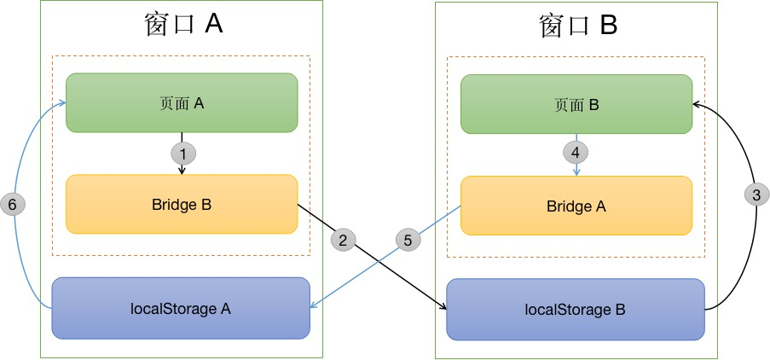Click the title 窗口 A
click(x=180, y=24)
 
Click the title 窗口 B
click(x=576, y=26)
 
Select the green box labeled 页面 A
click(x=182, y=103)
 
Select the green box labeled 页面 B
click(x=576, y=105)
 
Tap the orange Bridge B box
click(x=182, y=204)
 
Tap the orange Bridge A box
click(x=576, y=206)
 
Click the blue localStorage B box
click(x=576, y=309)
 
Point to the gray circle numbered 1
click(x=182, y=154)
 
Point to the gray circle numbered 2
click(x=343, y=240)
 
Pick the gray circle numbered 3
click(x=756, y=195)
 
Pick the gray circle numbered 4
click(x=576, y=154)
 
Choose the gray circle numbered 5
click(x=408, y=240)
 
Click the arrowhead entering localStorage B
click(x=443, y=307)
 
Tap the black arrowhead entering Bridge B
click(x=182, y=171)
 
